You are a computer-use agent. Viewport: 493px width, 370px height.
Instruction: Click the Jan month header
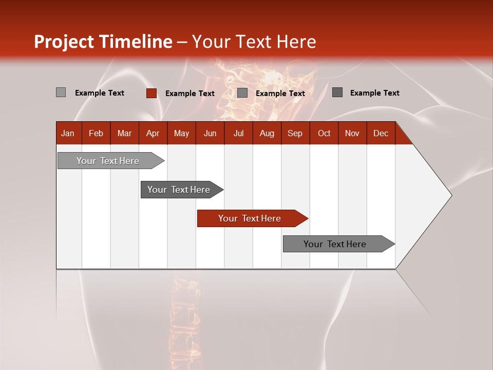68,134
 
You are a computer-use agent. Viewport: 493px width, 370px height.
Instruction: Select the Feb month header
96,134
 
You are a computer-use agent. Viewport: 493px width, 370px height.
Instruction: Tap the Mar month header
124,134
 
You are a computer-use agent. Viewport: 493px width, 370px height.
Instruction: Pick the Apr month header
153,134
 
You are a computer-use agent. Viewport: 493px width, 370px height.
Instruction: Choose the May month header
181,134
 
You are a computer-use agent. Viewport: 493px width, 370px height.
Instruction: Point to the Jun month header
210,134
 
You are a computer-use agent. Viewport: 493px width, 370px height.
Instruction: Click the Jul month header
238,134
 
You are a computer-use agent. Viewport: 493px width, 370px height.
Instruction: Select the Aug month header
267,134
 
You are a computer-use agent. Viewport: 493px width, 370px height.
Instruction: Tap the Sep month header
295,134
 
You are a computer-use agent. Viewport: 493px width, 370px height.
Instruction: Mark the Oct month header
324,134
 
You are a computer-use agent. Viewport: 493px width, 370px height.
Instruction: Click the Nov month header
352,134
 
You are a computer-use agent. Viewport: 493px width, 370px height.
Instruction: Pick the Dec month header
381,134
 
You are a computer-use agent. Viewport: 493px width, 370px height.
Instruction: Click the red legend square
151,93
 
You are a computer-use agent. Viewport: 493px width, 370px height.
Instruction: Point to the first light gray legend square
61,92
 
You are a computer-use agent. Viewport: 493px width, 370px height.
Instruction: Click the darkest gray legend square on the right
337,92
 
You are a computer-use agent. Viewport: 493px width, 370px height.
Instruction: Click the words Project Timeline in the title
103,42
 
